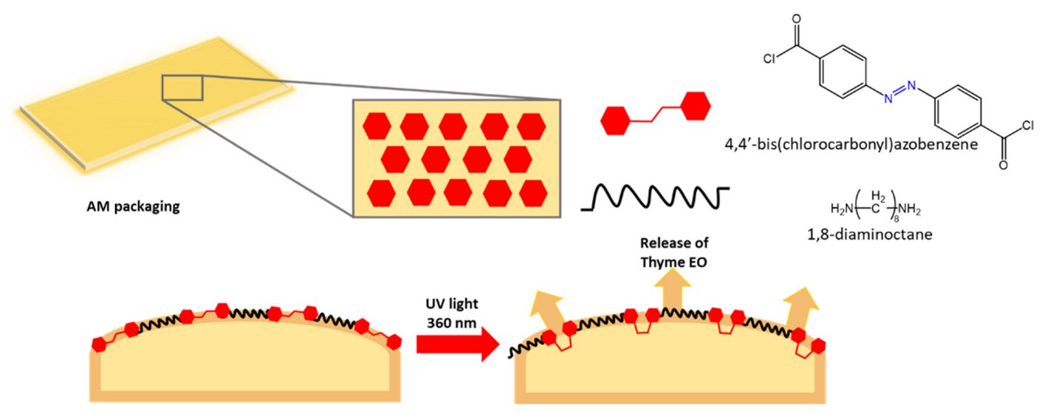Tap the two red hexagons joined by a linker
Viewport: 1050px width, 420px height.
656,112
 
